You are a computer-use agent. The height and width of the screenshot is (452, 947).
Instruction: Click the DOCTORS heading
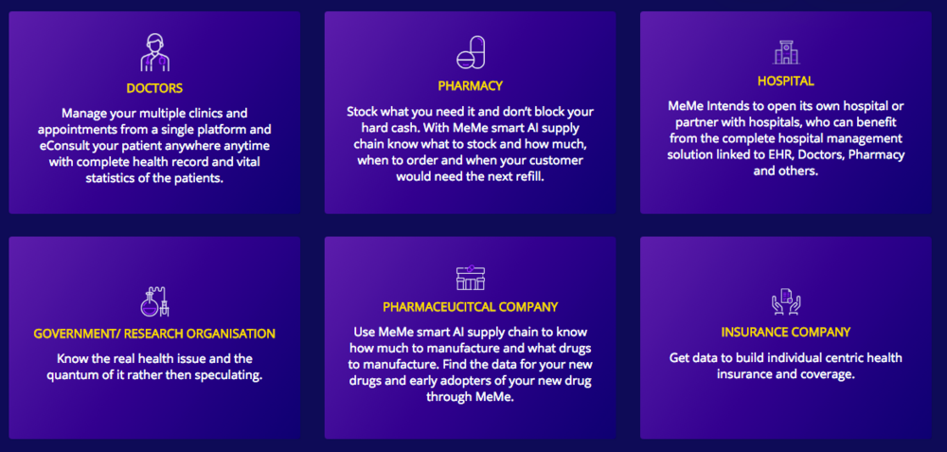[x=154, y=88]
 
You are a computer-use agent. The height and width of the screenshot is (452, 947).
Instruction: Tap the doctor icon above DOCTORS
[x=154, y=52]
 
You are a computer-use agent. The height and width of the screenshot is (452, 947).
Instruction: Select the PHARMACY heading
[x=470, y=86]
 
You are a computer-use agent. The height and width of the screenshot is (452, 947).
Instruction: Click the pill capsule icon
[x=471, y=52]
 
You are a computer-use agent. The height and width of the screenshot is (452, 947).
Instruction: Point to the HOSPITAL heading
[x=786, y=81]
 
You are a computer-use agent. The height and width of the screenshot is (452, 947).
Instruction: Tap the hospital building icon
[x=786, y=52]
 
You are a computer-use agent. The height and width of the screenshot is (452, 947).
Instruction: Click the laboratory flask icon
[x=154, y=301]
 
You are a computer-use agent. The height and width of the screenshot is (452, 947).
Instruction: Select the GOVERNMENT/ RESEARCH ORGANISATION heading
[x=154, y=334]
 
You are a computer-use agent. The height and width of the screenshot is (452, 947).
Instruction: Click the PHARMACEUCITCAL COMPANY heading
[x=470, y=307]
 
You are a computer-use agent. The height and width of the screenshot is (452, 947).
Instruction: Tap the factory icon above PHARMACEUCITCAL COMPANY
[x=471, y=278]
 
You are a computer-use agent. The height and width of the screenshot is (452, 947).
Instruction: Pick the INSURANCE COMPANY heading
[x=786, y=333]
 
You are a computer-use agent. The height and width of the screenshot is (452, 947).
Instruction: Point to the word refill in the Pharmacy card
[x=528, y=178]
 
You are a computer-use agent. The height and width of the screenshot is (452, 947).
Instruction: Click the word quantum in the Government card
[x=69, y=376]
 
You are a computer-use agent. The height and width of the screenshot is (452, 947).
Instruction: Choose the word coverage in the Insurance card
[x=831, y=374]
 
